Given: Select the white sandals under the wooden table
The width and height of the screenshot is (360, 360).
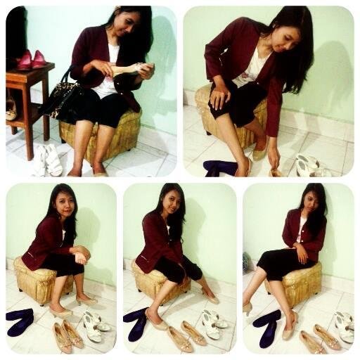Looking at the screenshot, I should [x=46, y=160].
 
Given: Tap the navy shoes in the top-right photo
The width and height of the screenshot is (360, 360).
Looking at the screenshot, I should [x=220, y=167].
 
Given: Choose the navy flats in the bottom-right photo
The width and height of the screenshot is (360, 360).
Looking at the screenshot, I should [x=266, y=328].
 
